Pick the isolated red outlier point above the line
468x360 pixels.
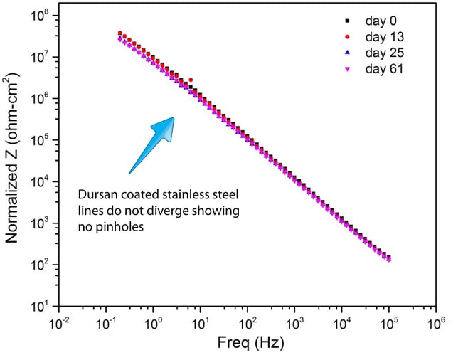pyautogui.click(x=191, y=80)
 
